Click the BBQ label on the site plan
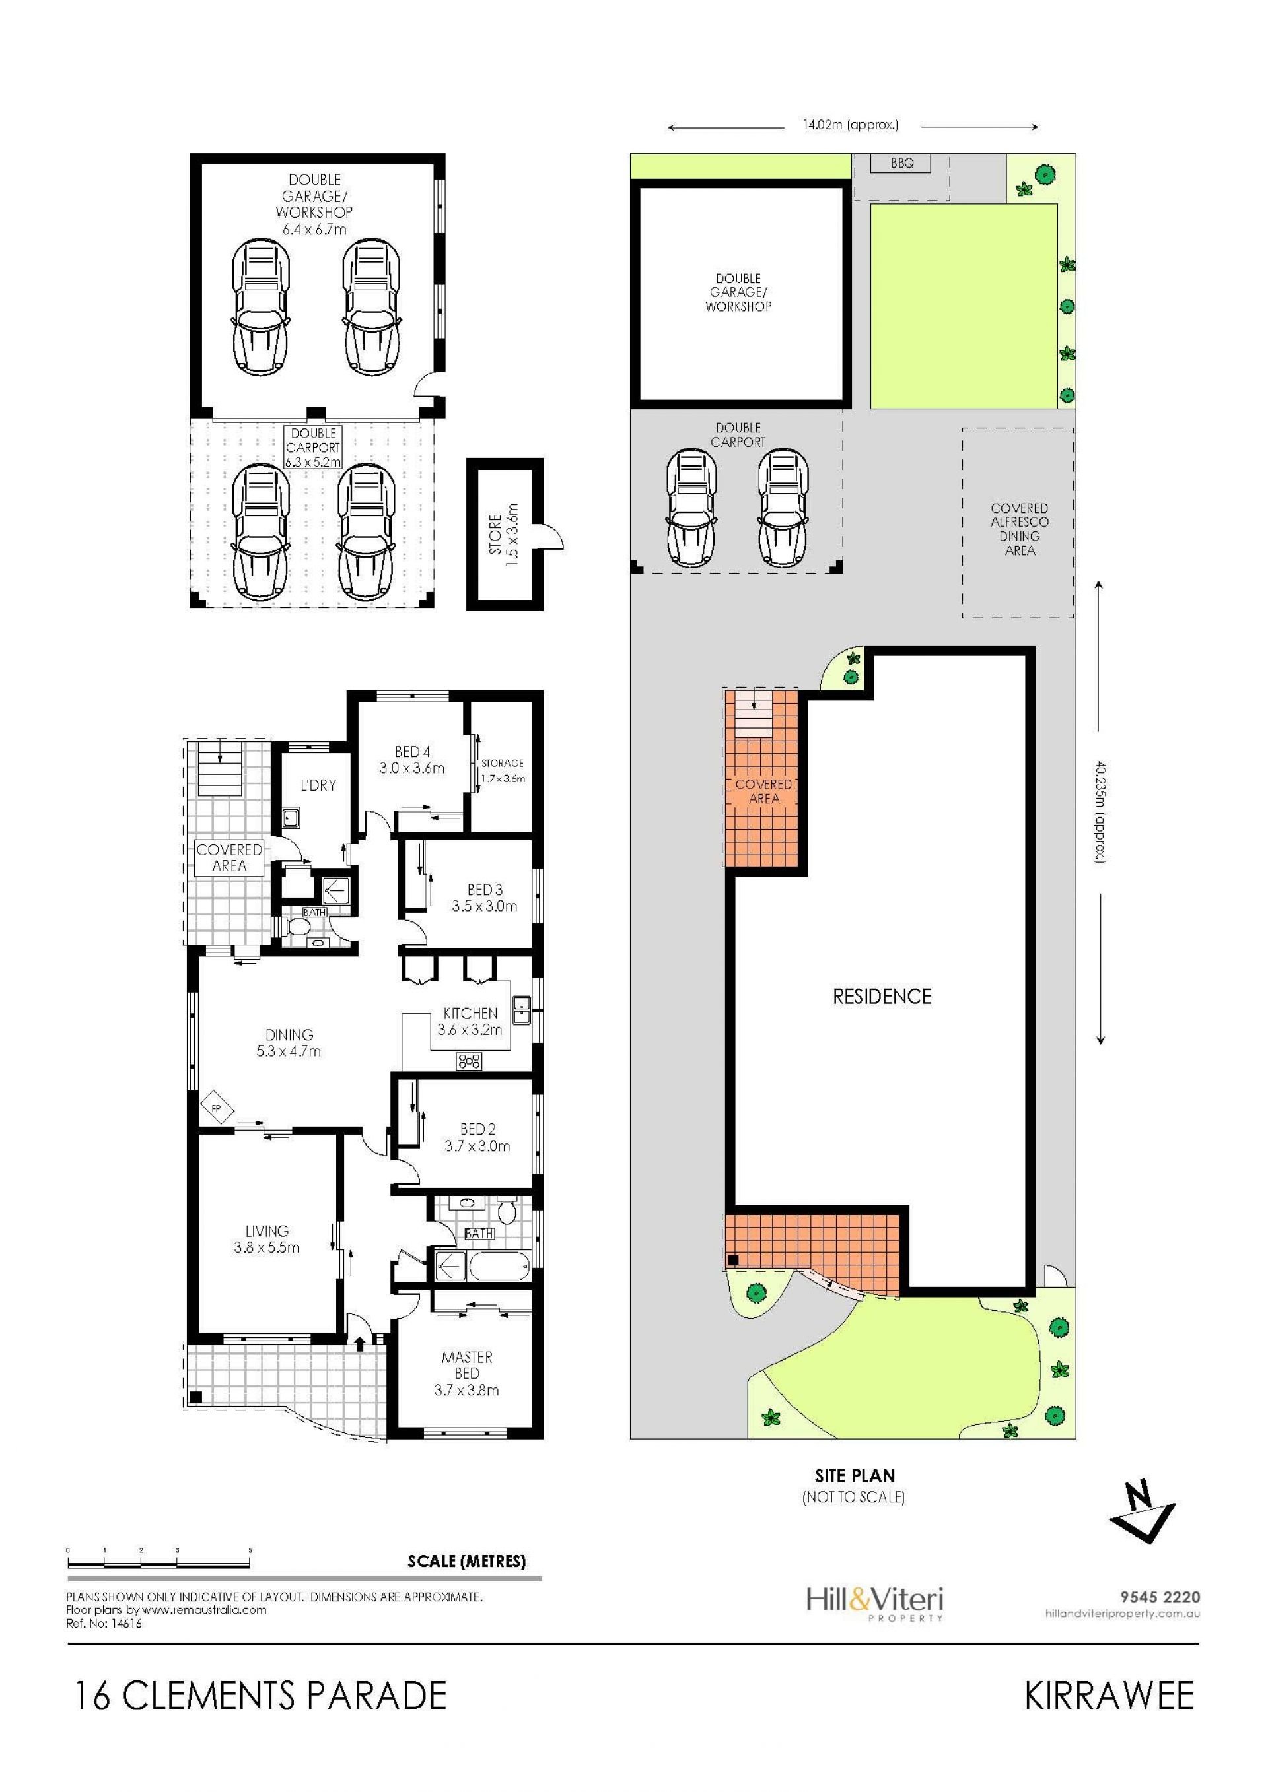click(x=902, y=164)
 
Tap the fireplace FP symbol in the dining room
click(x=216, y=1109)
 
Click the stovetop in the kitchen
click(x=470, y=1061)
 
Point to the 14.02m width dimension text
click(x=850, y=124)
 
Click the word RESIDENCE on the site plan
click(x=882, y=997)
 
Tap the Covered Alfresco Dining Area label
click(x=1020, y=529)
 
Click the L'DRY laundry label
click(x=318, y=785)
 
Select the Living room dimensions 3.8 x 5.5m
click(x=266, y=1247)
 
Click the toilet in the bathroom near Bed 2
click(x=507, y=1211)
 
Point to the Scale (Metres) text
click(x=466, y=1561)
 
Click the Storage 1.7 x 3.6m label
click(x=502, y=770)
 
